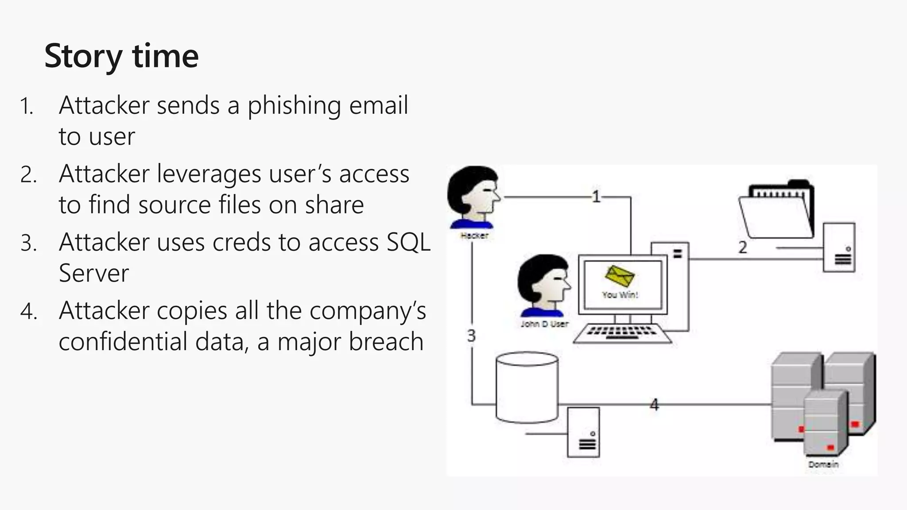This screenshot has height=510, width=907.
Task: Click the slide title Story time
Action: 121,56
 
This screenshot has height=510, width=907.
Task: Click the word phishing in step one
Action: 294,106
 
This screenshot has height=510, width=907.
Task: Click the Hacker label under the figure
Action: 474,236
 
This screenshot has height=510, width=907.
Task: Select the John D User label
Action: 544,324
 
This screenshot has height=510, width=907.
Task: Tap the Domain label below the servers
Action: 823,464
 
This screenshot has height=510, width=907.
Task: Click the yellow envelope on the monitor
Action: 620,276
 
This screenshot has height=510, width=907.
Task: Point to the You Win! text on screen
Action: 620,295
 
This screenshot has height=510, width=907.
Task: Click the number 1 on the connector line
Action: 597,197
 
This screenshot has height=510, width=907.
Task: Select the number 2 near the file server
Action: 743,247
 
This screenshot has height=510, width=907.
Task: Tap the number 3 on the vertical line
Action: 472,336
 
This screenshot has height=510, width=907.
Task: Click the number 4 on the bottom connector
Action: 654,405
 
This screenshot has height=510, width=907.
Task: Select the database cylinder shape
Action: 527,387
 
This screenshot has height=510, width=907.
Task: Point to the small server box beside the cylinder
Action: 584,433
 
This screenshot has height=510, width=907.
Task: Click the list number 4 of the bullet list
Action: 28,312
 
